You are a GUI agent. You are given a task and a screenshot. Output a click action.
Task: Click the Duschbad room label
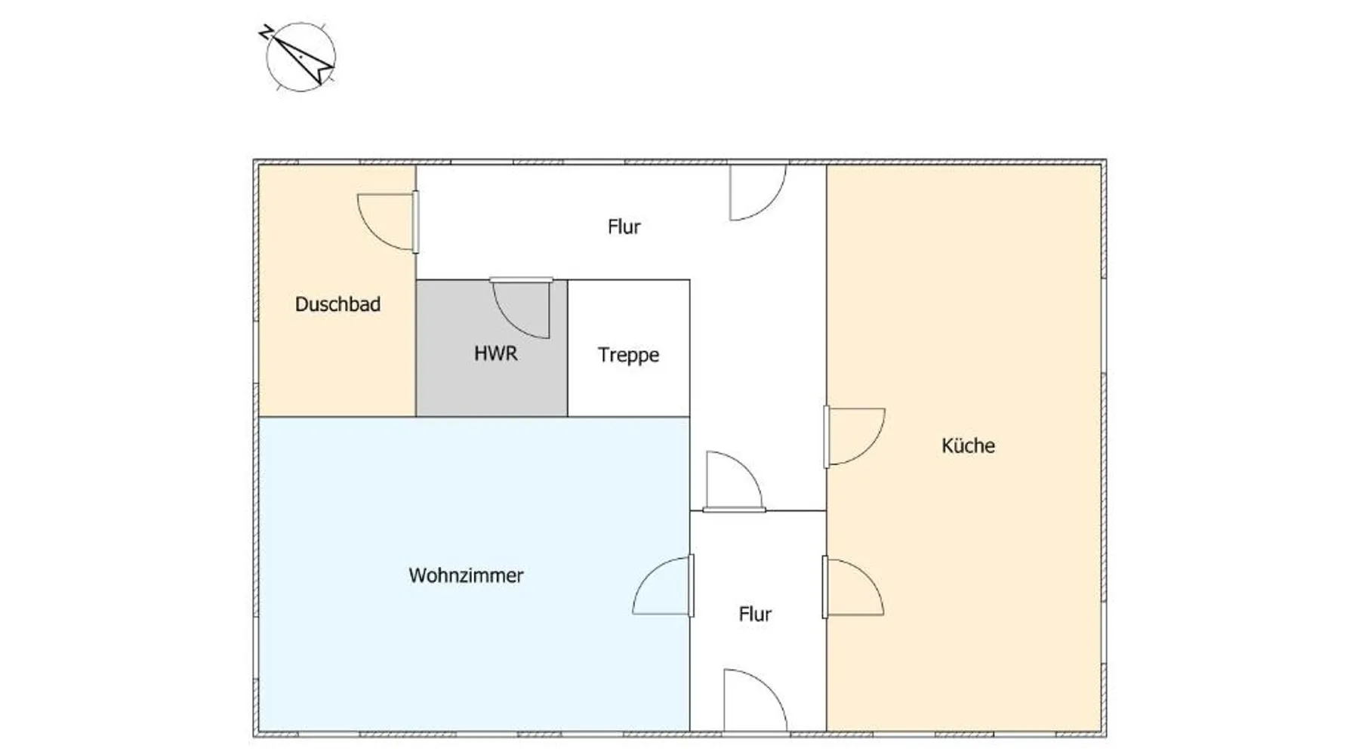tap(337, 304)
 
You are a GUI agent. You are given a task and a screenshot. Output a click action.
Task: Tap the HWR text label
tap(496, 353)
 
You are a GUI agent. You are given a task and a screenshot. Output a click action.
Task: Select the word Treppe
tap(628, 356)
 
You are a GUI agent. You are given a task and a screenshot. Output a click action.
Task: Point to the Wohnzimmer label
tap(466, 575)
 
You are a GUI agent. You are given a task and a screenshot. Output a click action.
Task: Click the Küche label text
tap(968, 445)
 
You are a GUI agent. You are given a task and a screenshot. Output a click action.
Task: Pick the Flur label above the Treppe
tap(624, 226)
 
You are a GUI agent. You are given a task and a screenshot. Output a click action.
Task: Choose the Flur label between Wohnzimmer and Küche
tap(755, 615)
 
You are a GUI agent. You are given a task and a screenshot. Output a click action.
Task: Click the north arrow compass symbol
tap(300, 56)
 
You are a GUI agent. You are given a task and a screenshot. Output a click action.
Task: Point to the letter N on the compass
tap(266, 32)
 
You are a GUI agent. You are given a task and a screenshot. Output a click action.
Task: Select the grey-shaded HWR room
tap(492, 348)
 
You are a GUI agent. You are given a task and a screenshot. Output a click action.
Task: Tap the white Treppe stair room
tap(629, 348)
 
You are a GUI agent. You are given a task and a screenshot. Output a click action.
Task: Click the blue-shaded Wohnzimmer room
tap(474, 574)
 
